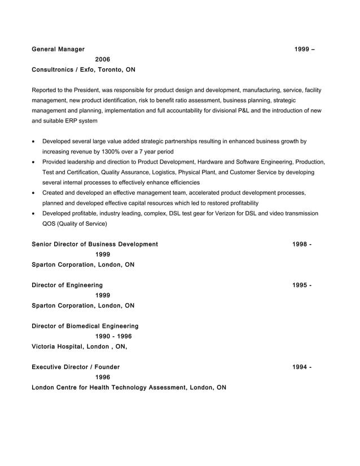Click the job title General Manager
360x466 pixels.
[58, 49]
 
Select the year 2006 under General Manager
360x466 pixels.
[103, 59]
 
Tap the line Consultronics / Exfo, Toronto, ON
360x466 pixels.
[84, 70]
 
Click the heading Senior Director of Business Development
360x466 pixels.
[95, 244]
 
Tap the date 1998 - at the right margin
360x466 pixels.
[302, 244]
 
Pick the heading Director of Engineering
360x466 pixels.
[67, 285]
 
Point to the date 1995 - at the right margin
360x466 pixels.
[302, 285]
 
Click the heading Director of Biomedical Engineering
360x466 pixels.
[85, 326]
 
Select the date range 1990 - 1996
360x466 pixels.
[113, 336]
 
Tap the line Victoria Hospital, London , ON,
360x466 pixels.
[79, 346]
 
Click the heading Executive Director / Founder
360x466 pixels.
[76, 367]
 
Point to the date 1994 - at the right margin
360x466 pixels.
[302, 367]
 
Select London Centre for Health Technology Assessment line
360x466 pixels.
[129, 388]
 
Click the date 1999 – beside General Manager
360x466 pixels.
[304, 49]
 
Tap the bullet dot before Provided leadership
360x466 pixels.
[35, 162]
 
